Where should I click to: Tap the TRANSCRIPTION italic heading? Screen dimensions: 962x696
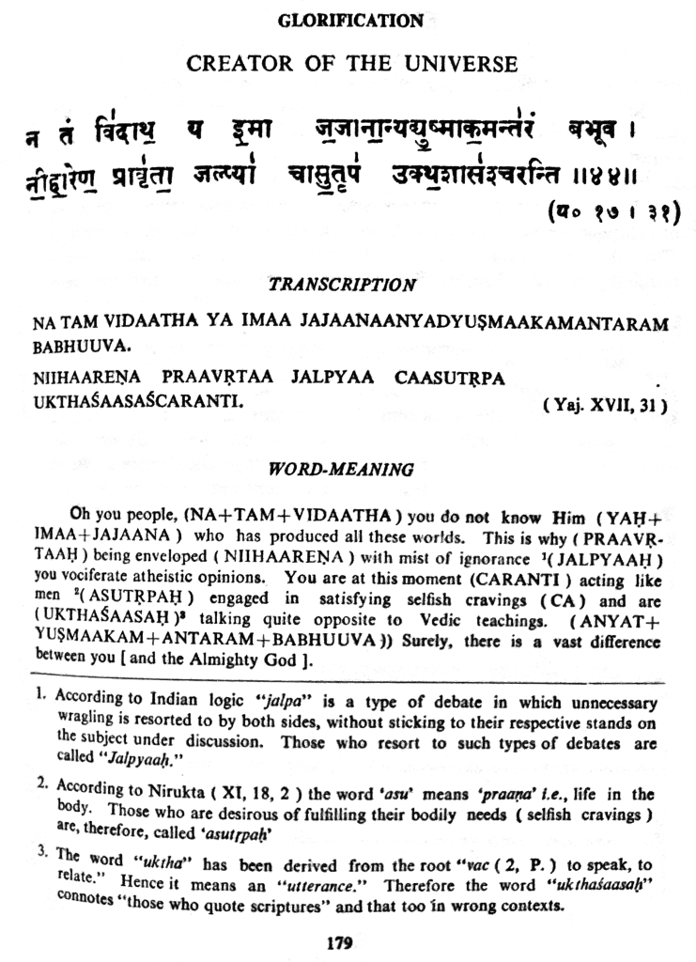pos(342,283)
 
